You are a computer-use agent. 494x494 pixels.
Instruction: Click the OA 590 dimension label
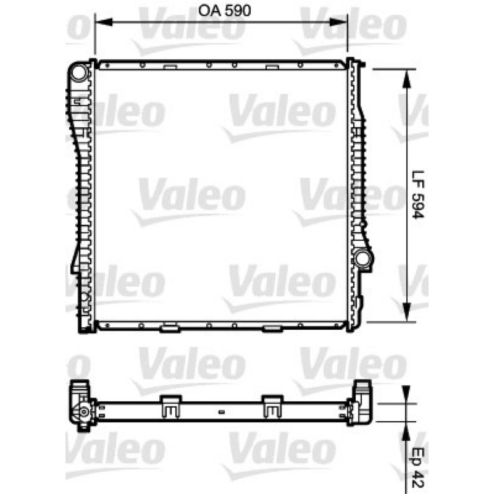224,10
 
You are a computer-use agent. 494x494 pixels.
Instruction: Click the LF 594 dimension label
419,195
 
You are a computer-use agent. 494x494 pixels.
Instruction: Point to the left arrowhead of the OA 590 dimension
104,22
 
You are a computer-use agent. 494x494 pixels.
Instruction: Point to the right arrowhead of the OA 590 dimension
338,22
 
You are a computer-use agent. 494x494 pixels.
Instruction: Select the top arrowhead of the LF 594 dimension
407,78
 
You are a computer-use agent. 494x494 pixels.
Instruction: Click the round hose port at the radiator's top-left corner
79,72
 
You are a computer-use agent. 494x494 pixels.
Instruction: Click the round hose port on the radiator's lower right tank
362,257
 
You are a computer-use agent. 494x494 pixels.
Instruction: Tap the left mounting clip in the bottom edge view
171,406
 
